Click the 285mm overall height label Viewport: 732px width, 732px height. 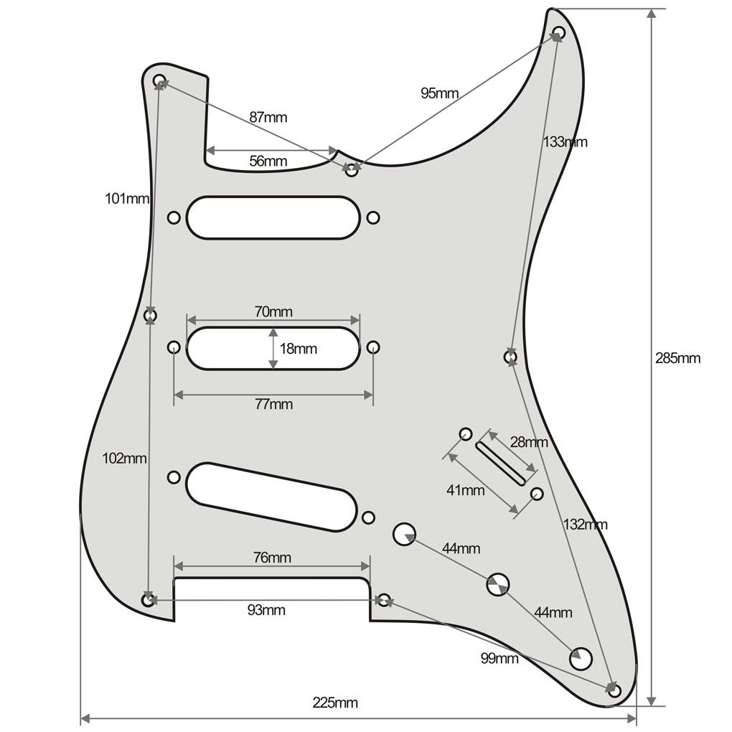pyautogui.click(x=677, y=358)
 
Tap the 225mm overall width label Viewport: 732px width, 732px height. pyautogui.click(x=334, y=703)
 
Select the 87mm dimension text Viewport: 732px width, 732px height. pyautogui.click(x=268, y=117)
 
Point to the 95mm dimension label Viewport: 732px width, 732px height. pyautogui.click(x=439, y=93)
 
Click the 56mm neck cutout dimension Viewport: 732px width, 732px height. pyautogui.click(x=268, y=161)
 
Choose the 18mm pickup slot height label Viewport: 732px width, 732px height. pyautogui.click(x=298, y=349)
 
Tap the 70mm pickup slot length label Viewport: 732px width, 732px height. pyautogui.click(x=273, y=311)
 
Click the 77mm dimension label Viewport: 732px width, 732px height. pyautogui.click(x=273, y=404)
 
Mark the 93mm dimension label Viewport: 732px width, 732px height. pyautogui.click(x=266, y=610)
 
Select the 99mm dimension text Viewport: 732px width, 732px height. pyautogui.click(x=499, y=658)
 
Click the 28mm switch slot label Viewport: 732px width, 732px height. pyautogui.click(x=528, y=441)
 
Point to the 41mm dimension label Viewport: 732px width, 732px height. pyautogui.click(x=465, y=491)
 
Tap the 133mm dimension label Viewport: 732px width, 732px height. pyautogui.click(x=565, y=141)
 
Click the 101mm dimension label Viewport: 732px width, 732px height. pyautogui.click(x=126, y=198)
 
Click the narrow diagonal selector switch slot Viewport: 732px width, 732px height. pyautogui.click(x=500, y=462)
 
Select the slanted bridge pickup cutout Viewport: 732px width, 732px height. pyautogui.click(x=271, y=497)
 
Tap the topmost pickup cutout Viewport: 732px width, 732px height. pyautogui.click(x=273, y=217)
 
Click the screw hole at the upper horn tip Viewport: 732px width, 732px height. pyautogui.click(x=558, y=32)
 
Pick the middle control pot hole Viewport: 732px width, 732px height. pyautogui.click(x=497, y=585)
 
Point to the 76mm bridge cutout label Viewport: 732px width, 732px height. pyautogui.click(x=272, y=558)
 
